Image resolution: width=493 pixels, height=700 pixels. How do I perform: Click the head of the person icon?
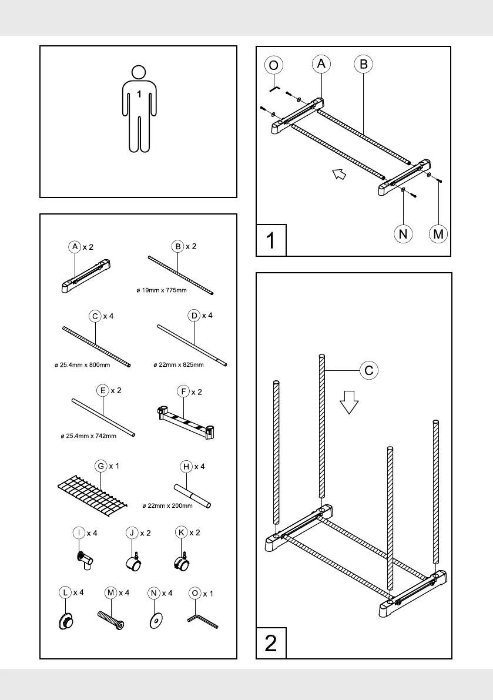click(x=138, y=72)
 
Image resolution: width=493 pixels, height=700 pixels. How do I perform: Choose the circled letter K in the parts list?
click(x=181, y=533)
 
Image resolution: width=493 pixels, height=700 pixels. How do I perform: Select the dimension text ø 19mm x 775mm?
click(x=161, y=290)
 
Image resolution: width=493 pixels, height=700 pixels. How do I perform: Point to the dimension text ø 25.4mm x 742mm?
click(x=89, y=436)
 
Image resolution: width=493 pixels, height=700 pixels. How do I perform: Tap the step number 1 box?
click(x=271, y=240)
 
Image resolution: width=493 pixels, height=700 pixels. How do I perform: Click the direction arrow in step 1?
click(x=337, y=173)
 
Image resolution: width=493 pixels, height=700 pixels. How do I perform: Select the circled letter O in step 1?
click(x=274, y=65)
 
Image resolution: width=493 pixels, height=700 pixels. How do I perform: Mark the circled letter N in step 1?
click(x=403, y=233)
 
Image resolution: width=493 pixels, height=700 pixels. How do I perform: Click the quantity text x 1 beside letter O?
click(x=208, y=593)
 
